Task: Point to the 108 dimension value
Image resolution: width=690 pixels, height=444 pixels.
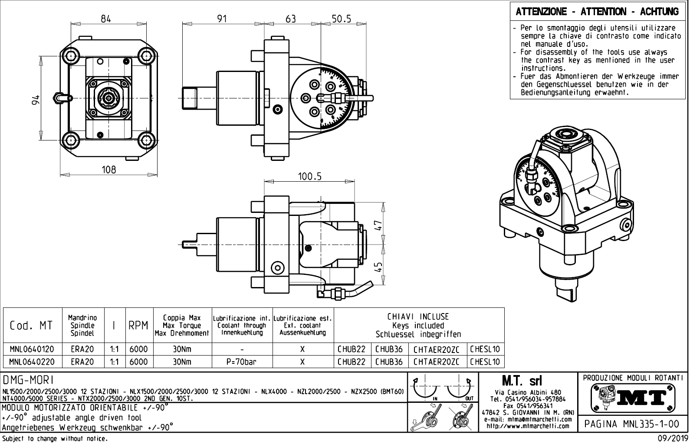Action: pyautogui.click(x=109, y=170)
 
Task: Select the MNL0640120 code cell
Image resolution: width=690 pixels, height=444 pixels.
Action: pyautogui.click(x=32, y=349)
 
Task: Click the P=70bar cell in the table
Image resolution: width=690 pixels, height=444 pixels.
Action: pyautogui.click(x=242, y=362)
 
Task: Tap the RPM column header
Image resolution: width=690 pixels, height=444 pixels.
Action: pyautogui.click(x=139, y=325)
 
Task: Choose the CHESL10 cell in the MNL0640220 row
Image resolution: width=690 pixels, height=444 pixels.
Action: pyautogui.click(x=485, y=362)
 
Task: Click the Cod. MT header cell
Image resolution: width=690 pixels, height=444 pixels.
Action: pyautogui.click(x=31, y=325)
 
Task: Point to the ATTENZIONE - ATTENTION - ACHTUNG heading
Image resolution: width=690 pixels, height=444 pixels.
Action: pyautogui.click(x=598, y=12)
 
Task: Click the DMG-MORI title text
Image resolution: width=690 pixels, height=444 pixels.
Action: pyautogui.click(x=28, y=380)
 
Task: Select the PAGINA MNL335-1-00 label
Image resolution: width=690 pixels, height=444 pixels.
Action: pyautogui.click(x=632, y=423)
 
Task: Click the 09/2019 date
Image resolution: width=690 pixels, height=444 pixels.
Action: pyautogui.click(x=671, y=439)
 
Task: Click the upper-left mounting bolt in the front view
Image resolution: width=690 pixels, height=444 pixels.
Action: pyautogui.click(x=70, y=55)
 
